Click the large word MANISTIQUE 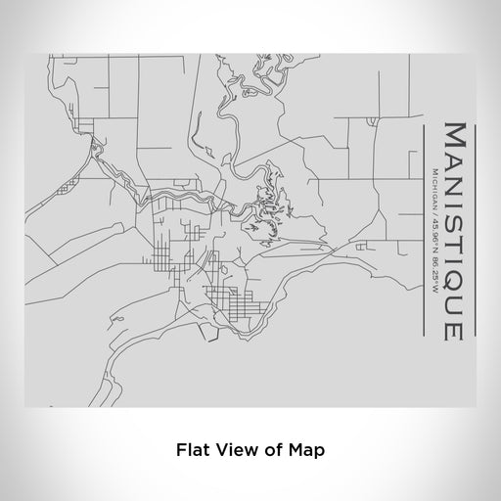[453, 231]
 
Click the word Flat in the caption [195, 451]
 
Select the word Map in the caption [305, 451]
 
